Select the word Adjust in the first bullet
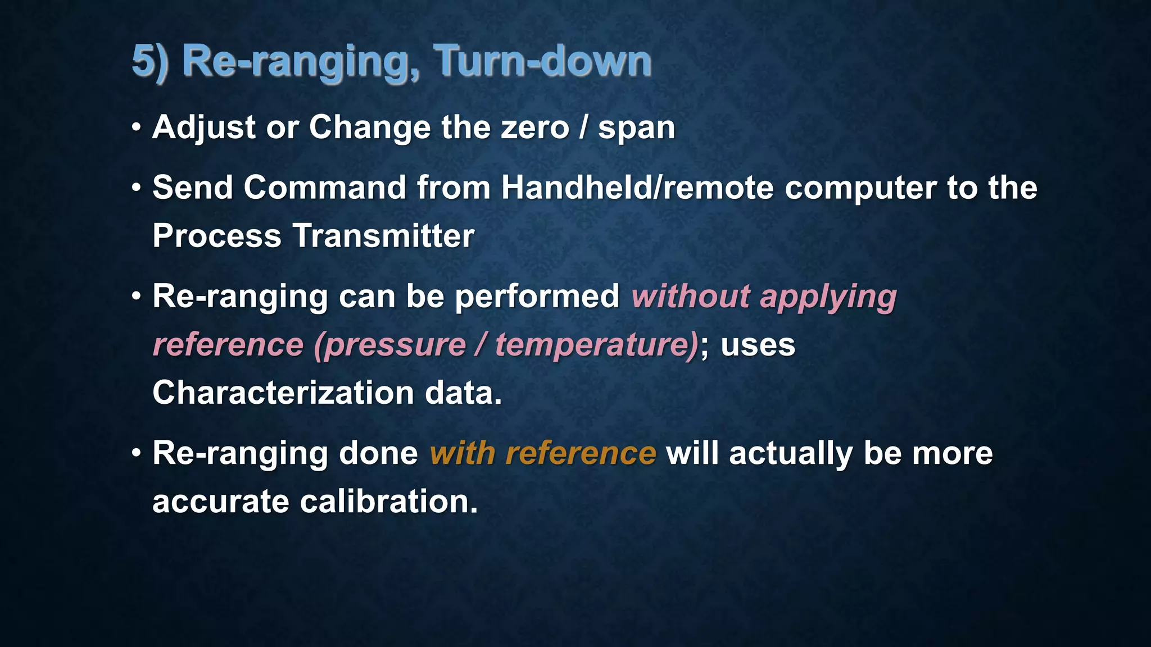(204, 127)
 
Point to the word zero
(534, 127)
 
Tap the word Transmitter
(383, 235)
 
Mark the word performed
(537, 297)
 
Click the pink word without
(691, 296)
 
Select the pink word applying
(828, 297)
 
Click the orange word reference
(581, 453)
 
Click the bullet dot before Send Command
(136, 188)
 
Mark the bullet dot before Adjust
(136, 128)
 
